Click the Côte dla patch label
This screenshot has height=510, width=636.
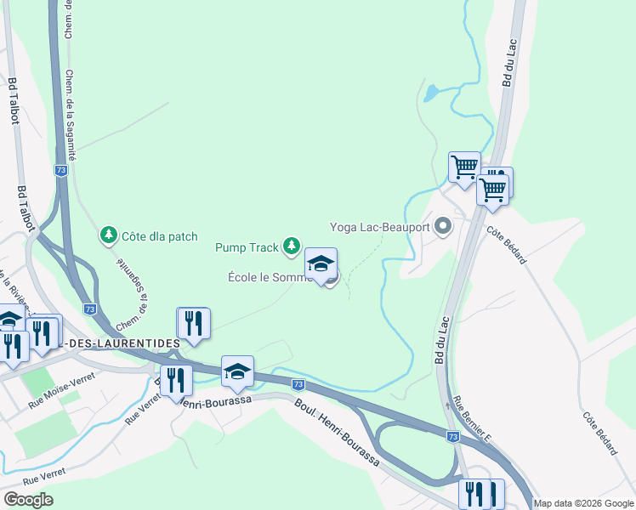coord(160,236)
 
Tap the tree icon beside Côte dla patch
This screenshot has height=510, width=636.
coord(108,234)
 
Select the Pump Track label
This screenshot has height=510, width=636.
coord(247,247)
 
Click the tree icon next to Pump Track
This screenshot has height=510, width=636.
coord(292,246)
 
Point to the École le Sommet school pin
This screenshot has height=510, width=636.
coord(321,266)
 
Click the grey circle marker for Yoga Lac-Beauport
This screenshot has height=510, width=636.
coord(442,226)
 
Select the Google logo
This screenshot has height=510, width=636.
coord(28,500)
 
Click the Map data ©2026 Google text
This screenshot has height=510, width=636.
coord(583,503)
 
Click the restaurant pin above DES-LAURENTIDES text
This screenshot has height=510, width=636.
coord(194,323)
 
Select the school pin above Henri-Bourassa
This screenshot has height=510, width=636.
coord(238,371)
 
